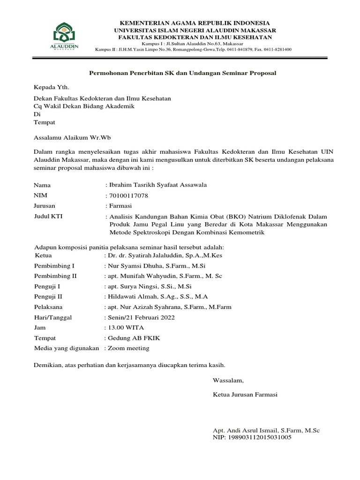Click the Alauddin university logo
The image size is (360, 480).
point(63,37)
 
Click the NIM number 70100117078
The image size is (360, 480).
point(128,195)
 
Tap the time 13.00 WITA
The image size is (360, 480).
point(126,327)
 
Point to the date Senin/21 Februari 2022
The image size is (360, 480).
point(141,317)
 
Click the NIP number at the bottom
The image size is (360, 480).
point(252,437)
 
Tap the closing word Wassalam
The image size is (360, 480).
point(228,380)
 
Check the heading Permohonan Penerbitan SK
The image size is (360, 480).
point(183,73)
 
